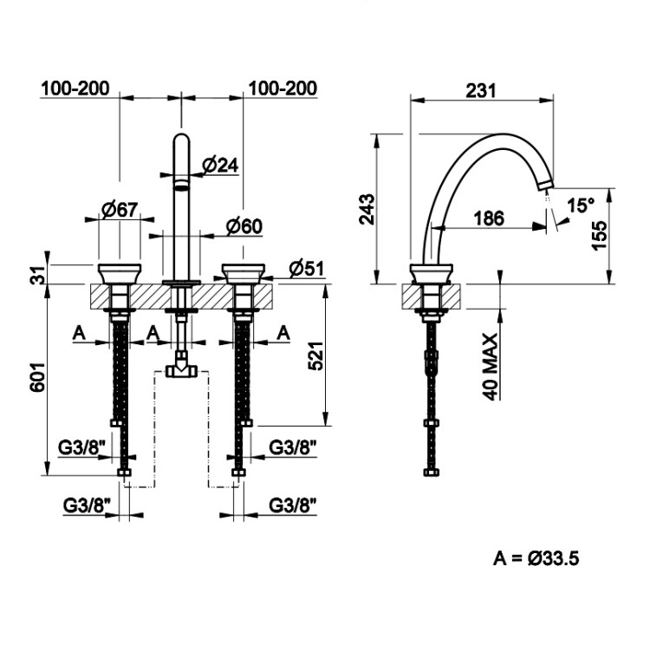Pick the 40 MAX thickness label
tap(491, 366)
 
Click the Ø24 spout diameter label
tap(220, 165)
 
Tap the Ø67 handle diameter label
tap(120, 209)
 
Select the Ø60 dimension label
tap(244, 226)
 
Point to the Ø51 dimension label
tap(306, 267)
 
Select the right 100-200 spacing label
tap(282, 89)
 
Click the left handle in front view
tap(120, 273)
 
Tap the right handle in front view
tap(243, 273)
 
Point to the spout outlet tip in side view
tap(544, 183)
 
